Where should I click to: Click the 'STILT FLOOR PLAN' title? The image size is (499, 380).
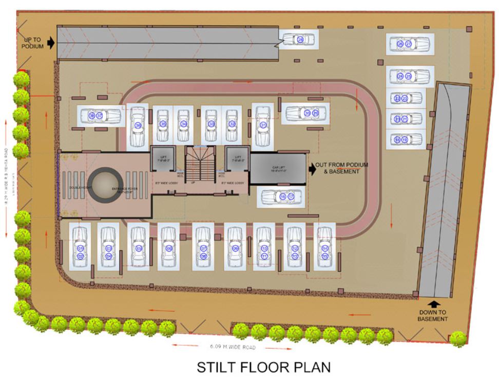coord(264,368)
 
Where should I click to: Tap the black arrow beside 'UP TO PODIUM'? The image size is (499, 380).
coord(50,43)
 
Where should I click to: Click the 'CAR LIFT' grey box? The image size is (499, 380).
coord(278,168)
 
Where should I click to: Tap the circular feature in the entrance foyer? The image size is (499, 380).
coord(105,183)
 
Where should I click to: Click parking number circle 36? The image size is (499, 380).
coord(138,125)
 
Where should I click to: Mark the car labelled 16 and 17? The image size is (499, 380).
coord(283,196)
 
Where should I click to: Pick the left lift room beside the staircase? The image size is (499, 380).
coord(163,159)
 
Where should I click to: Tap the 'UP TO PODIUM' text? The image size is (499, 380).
coord(32,43)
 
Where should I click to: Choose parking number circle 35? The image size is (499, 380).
coord(163,124)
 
